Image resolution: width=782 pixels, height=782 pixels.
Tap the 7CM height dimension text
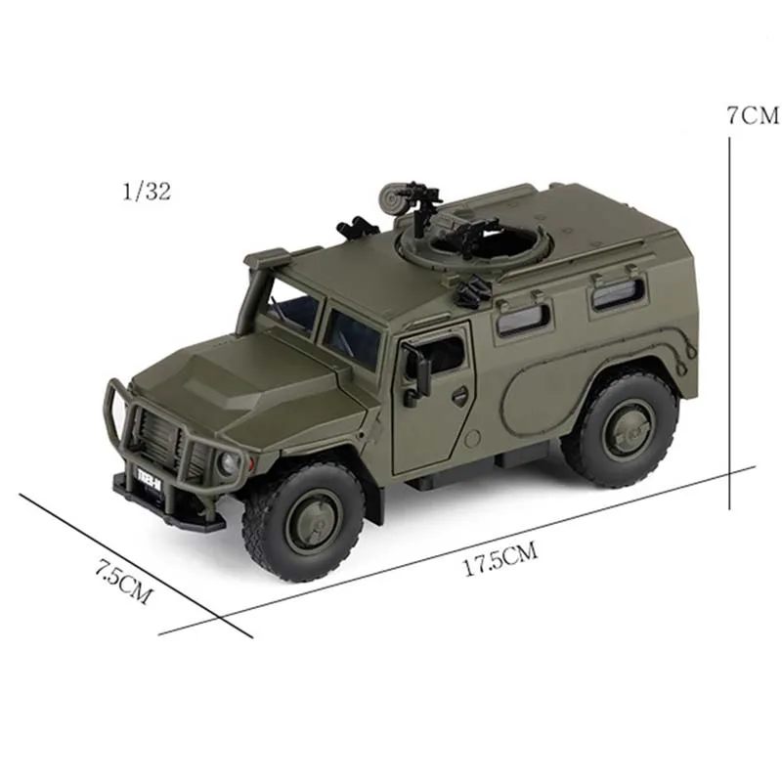(753, 114)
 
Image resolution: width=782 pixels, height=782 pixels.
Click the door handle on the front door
(457, 394)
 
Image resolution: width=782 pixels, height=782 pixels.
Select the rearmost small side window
(618, 291)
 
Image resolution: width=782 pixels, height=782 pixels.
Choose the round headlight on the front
(228, 464)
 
